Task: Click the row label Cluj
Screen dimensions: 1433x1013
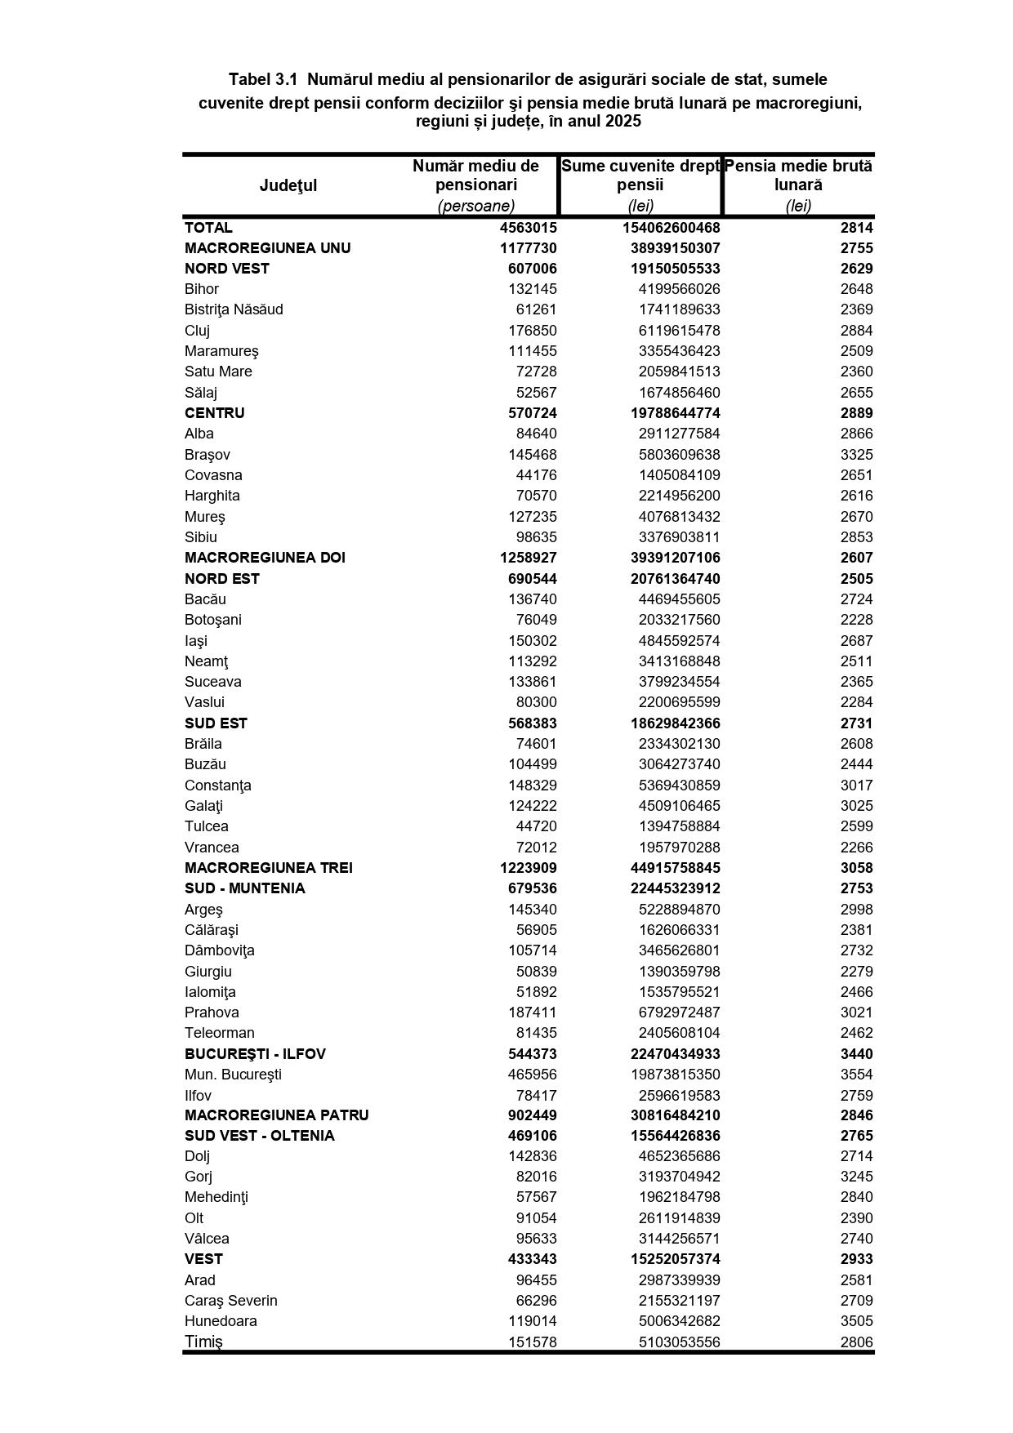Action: tap(197, 331)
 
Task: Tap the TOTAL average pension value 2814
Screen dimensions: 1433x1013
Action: tap(856, 228)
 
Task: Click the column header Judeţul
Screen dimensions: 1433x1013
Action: tap(288, 185)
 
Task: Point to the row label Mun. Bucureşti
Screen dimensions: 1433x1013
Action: tap(233, 1075)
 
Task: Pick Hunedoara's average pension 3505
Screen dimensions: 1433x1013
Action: tap(856, 1321)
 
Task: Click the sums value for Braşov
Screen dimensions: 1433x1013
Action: tap(679, 455)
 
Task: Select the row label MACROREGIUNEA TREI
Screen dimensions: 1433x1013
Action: tap(269, 868)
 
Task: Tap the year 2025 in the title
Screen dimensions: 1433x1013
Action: tap(623, 122)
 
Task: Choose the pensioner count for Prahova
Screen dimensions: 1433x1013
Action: tap(532, 1012)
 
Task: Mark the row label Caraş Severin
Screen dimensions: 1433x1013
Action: tap(231, 1301)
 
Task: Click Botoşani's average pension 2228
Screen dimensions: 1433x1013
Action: tap(856, 620)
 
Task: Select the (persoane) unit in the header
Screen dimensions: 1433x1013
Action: tap(475, 206)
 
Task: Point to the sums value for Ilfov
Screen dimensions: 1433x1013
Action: tap(679, 1096)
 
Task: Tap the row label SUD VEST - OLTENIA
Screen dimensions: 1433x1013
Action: tap(260, 1136)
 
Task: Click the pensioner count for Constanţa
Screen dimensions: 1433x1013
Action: tap(532, 785)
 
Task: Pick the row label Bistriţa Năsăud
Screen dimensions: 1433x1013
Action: tap(234, 309)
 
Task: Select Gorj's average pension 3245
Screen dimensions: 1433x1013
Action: tap(856, 1177)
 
